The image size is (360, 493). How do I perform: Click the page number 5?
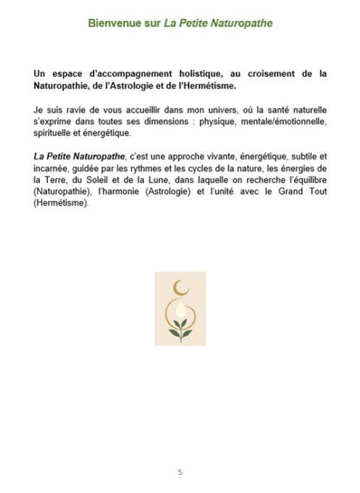point(180,472)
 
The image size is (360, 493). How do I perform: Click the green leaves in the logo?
point(180,319)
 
